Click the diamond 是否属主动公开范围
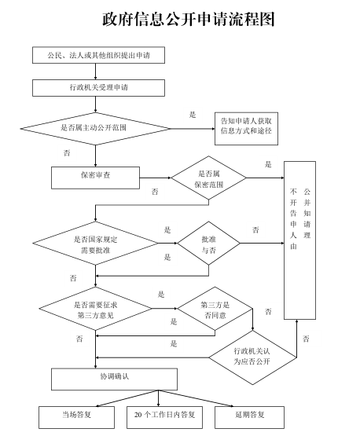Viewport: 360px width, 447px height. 95,126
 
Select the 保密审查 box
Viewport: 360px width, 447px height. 95,176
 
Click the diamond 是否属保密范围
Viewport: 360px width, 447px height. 209,178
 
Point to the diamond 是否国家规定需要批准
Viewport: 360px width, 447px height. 95,244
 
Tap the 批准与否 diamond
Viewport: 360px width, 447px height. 208,244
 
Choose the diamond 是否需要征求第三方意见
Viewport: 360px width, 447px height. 95,310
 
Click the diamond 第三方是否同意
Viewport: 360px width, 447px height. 214,310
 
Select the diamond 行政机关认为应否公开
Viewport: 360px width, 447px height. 252,356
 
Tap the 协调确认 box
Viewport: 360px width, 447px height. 114,378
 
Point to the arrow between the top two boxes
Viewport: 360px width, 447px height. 95,71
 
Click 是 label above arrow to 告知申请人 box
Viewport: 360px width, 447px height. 193,115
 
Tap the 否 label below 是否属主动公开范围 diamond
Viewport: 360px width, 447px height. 66,152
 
